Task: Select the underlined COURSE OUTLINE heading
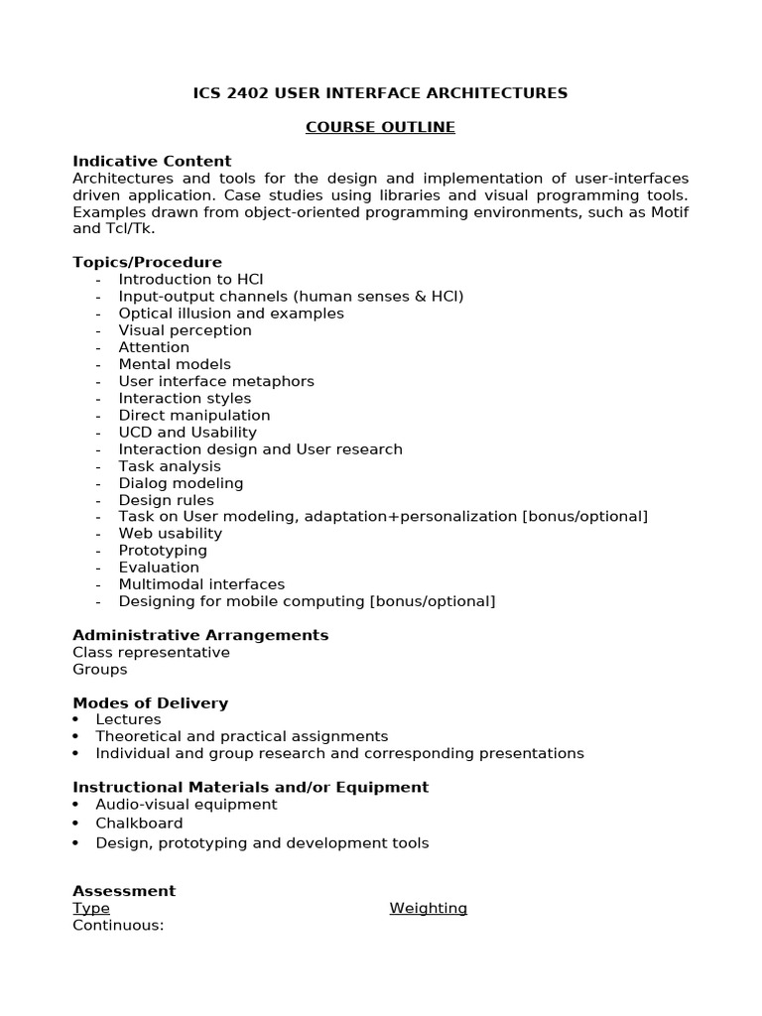pos(380,127)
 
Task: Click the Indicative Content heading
pos(152,161)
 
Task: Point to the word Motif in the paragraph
pos(667,211)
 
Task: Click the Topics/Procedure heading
pos(147,262)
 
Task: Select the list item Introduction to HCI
pos(190,280)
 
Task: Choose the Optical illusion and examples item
pos(231,314)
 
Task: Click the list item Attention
pos(154,347)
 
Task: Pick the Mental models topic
pos(175,364)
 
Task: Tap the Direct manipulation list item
pos(194,415)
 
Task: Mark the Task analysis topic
pos(170,466)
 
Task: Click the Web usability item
pos(171,534)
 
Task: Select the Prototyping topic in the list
pos(163,551)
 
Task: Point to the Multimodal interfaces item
pos(201,584)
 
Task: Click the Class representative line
pos(151,653)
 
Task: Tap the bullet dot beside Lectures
pos(76,719)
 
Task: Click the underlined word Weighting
pos(428,908)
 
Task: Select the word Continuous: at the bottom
pos(118,926)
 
